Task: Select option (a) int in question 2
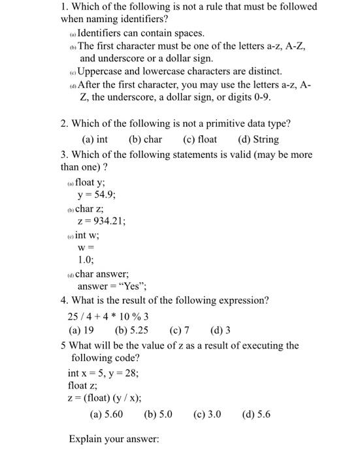coord(95,139)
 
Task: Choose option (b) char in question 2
coord(145,139)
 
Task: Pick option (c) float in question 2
coord(200,139)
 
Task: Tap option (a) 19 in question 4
coord(81,330)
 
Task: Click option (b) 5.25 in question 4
coord(131,330)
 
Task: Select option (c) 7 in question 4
coord(179,330)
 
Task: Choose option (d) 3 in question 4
coord(221,330)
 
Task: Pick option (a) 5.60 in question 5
coord(106,414)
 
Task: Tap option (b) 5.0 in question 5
coord(157,414)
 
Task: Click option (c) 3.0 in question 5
coord(207,414)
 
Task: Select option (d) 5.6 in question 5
coord(256,414)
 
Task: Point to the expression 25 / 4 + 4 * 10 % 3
coord(108,316)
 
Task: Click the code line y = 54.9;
coord(97,195)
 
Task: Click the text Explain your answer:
coord(114,439)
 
